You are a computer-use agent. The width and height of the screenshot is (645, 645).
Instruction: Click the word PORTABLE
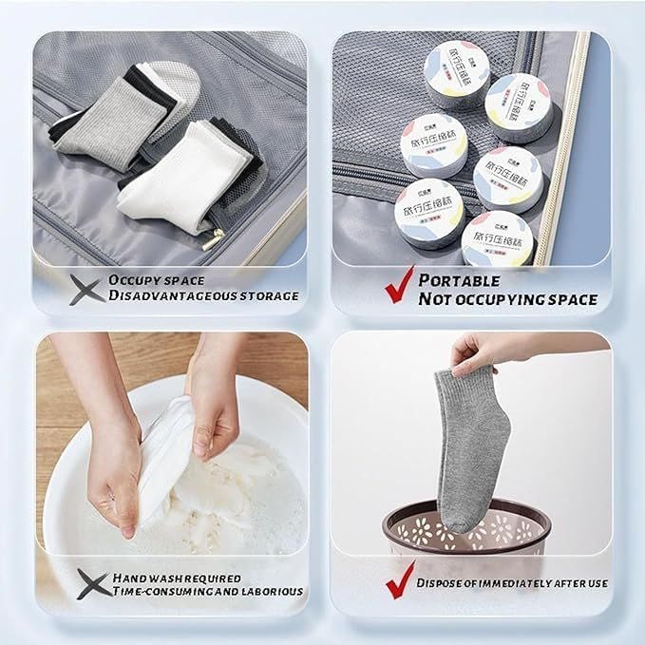click(460, 280)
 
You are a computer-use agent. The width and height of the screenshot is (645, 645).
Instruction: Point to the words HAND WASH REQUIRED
click(177, 578)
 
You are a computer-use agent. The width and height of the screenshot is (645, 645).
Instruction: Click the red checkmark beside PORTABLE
click(399, 286)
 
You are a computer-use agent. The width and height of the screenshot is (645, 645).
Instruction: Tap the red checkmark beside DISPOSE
click(400, 580)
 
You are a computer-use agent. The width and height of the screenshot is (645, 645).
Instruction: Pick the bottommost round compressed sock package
click(496, 242)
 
